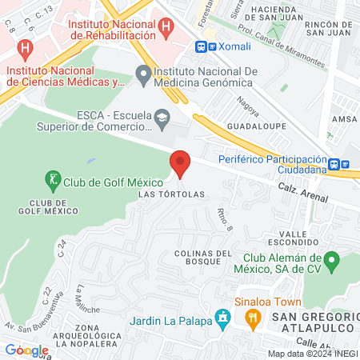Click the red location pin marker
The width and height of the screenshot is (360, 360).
180,164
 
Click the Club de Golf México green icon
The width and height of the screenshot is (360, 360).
54,181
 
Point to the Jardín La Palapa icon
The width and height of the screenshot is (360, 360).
223,322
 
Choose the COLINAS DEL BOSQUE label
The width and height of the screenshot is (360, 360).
198,256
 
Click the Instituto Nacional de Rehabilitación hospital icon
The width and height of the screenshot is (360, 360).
166,27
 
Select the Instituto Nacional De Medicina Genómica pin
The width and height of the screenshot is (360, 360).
144,76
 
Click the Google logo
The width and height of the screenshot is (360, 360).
26,350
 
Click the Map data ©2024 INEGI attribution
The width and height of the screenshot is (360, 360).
312,354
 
